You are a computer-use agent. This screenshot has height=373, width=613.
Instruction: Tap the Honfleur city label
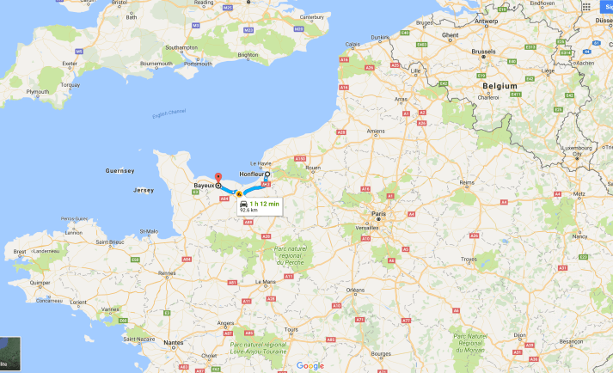pyautogui.click(x=246, y=174)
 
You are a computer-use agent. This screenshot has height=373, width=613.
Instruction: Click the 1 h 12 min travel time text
pyautogui.click(x=266, y=203)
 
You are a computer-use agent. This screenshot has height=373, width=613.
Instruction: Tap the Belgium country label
pyautogui.click(x=500, y=87)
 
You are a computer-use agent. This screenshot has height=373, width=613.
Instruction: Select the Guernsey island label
pyautogui.click(x=120, y=170)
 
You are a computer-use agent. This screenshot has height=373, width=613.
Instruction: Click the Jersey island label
pyautogui.click(x=144, y=190)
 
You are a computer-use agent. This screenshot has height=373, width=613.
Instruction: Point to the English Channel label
pyautogui.click(x=169, y=113)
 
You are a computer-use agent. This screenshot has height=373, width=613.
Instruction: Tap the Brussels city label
pyautogui.click(x=483, y=52)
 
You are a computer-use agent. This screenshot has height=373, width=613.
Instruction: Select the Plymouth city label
pyautogui.click(x=38, y=91)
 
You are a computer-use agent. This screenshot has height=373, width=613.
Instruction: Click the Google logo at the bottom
pyautogui.click(x=310, y=365)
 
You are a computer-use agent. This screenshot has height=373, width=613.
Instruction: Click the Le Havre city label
pyautogui.click(x=260, y=163)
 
